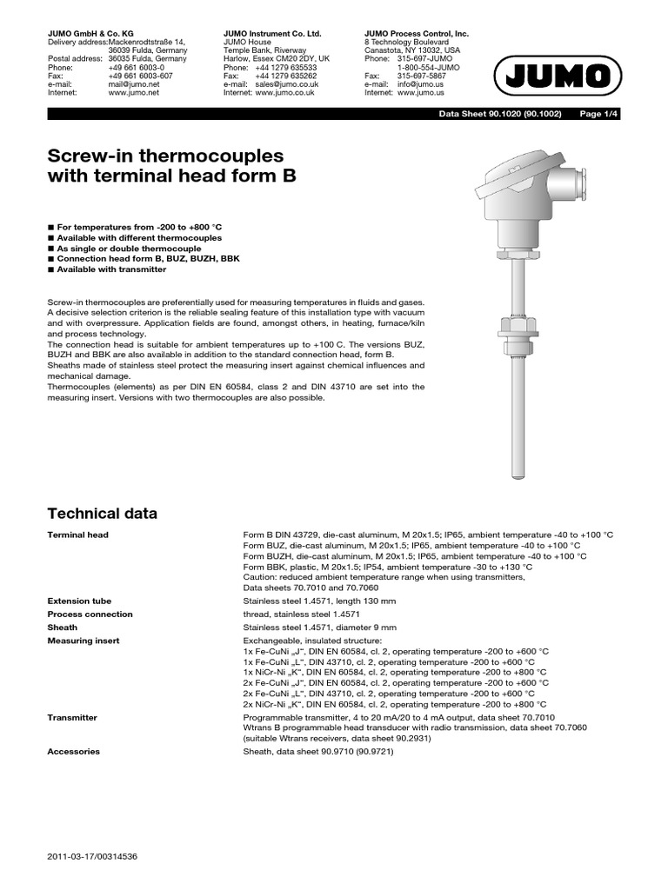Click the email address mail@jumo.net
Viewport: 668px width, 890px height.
tap(134, 83)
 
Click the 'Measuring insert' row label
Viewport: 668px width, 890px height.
tap(83, 641)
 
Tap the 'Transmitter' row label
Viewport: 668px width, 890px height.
tap(72, 718)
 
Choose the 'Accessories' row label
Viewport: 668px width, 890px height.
tap(73, 751)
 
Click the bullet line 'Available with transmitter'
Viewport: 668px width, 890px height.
tap(110, 269)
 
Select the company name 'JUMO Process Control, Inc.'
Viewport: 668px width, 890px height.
tap(416, 33)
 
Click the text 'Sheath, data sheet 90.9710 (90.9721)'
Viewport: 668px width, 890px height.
tap(318, 751)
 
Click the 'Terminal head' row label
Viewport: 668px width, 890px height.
tap(77, 535)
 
